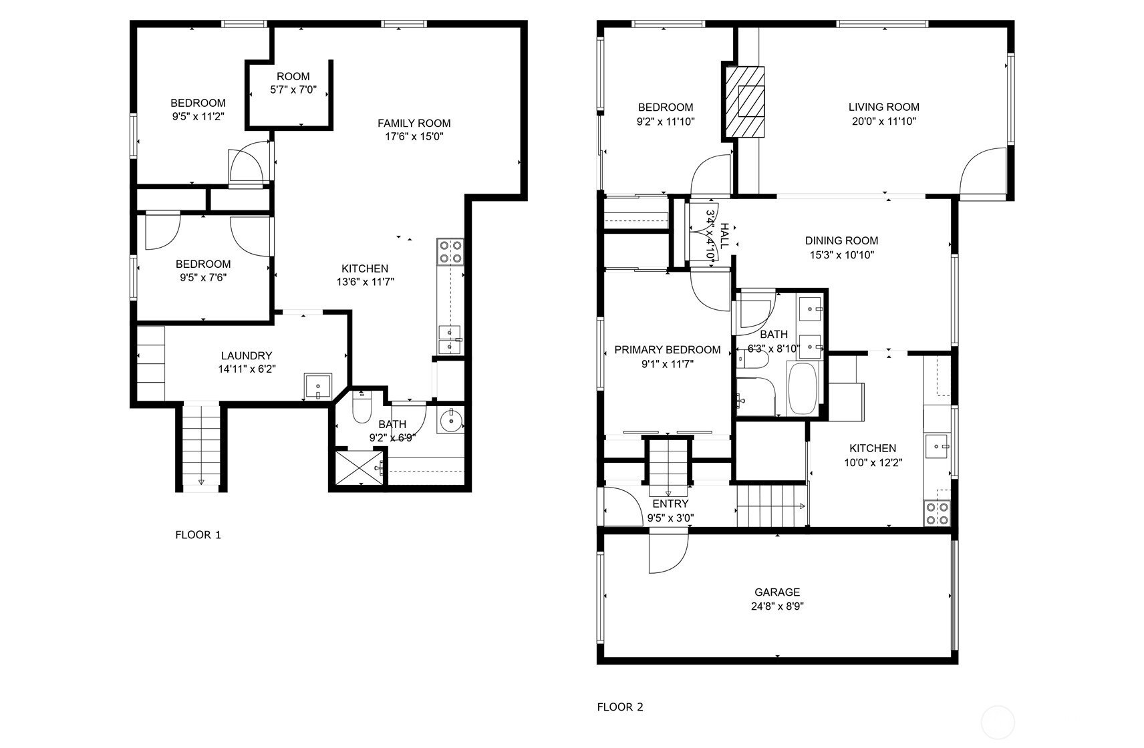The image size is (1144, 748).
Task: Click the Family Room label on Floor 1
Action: pyautogui.click(x=414, y=123)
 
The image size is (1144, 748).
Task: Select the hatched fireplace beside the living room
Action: pyautogui.click(x=746, y=102)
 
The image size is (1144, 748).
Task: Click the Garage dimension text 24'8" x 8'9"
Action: pyautogui.click(x=777, y=606)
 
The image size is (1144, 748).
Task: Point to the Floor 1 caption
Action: pyautogui.click(x=198, y=535)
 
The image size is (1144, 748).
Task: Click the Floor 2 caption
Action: pyautogui.click(x=619, y=707)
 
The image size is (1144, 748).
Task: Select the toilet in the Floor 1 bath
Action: pyautogui.click(x=362, y=408)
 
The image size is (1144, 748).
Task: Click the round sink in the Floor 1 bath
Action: pyautogui.click(x=452, y=420)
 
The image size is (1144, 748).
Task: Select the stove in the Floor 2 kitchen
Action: pyautogui.click(x=937, y=512)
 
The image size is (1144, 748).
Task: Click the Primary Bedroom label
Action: pyautogui.click(x=667, y=349)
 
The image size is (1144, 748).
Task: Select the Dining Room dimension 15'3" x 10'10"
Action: pyautogui.click(x=841, y=255)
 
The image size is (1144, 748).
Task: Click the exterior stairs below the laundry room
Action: pyautogui.click(x=201, y=446)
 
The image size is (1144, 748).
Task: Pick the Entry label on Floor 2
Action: pyautogui.click(x=670, y=504)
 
